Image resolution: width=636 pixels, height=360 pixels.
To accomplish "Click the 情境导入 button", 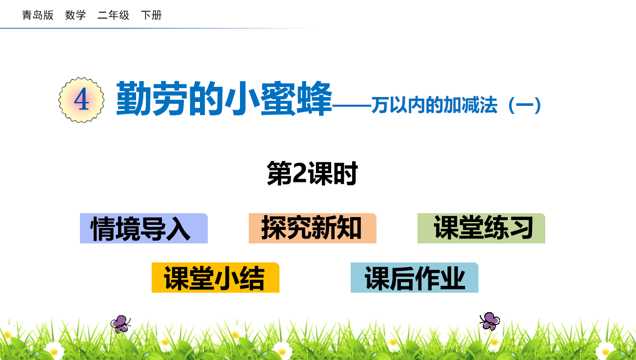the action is pos(144,228).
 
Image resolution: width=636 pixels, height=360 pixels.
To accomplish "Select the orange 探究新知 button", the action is pos(312,228).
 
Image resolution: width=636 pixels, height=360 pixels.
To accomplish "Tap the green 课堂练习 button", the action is pos(481,228).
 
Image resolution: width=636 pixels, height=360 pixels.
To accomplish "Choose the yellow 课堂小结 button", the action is pos(216,278).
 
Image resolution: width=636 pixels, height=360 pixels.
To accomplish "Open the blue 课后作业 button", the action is pos(414,278).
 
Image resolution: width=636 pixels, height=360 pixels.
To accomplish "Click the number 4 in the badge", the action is pos(81,100).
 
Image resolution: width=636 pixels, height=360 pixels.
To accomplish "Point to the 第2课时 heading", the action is pos(312,173).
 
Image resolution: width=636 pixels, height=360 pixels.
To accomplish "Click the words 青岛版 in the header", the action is pos(38,15).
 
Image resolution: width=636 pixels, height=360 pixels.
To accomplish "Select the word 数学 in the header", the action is pos(75,15).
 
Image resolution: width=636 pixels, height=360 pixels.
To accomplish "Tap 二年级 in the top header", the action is pos(113,15).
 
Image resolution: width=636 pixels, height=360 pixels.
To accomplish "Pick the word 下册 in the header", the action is pos(151,15).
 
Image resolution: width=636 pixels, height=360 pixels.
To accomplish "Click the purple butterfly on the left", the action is pos(120,324).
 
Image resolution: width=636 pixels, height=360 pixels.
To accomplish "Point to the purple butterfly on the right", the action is pos(490,321).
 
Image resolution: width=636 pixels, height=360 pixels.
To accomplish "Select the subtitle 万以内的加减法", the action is pos(434,105).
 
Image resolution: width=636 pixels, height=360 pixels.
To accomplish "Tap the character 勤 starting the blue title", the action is pos(134,98).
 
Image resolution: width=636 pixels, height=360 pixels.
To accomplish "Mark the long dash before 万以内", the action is pos(352,106).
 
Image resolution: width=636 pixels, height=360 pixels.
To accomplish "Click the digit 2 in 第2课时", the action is pos(300,173).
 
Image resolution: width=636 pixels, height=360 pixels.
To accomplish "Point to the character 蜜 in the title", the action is pos(278,98).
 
